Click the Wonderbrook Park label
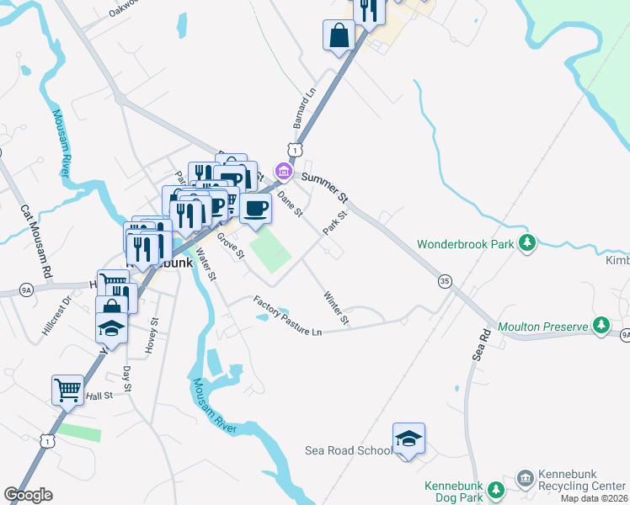tap(466, 245)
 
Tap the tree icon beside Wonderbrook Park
tap(527, 243)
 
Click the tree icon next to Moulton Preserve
tap(601, 324)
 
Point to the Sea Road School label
tap(349, 450)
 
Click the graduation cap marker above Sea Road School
tap(408, 439)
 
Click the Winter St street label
tap(336, 307)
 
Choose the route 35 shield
tap(445, 280)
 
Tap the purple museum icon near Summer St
tap(284, 173)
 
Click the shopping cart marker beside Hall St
tap(67, 389)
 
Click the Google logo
tap(28, 495)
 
